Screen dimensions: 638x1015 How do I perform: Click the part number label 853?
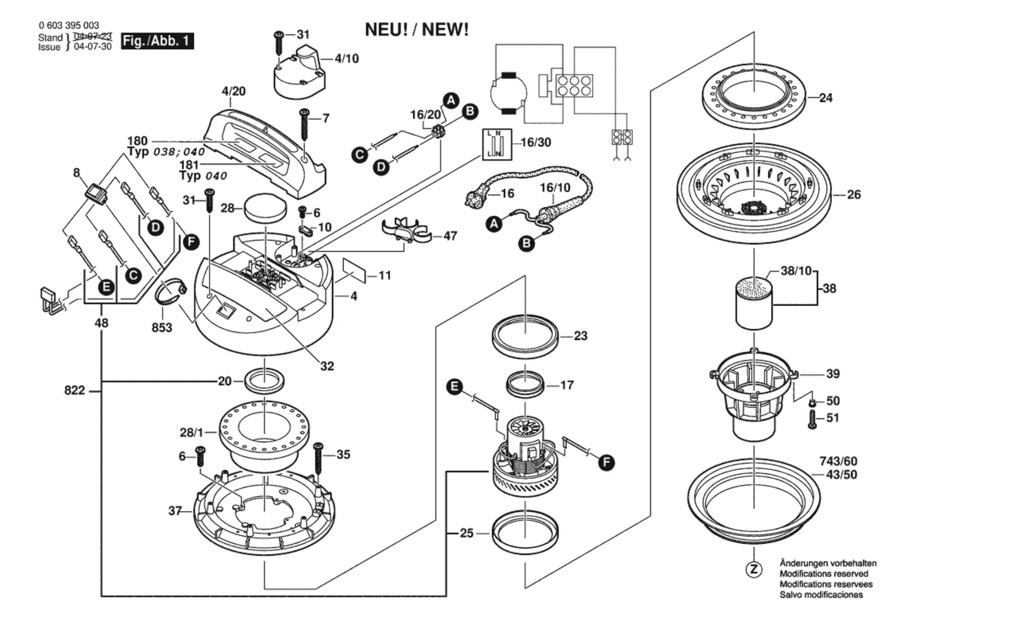click(x=162, y=327)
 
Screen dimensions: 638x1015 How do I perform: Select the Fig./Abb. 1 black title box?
click(x=157, y=42)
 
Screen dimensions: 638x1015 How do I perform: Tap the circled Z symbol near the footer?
click(x=754, y=570)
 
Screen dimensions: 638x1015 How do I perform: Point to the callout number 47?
click(x=450, y=235)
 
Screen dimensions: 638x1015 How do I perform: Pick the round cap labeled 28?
click(x=265, y=206)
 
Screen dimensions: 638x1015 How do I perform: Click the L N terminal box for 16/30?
click(x=497, y=144)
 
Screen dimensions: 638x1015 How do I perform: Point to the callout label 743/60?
click(x=838, y=461)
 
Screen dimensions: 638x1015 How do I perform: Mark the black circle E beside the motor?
click(x=455, y=386)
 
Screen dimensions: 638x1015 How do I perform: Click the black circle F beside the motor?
click(x=606, y=462)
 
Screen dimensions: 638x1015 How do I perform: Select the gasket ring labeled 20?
click(x=265, y=381)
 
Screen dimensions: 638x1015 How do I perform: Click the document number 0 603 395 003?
click(x=69, y=25)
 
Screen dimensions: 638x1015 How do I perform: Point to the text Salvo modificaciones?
click(x=821, y=595)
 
